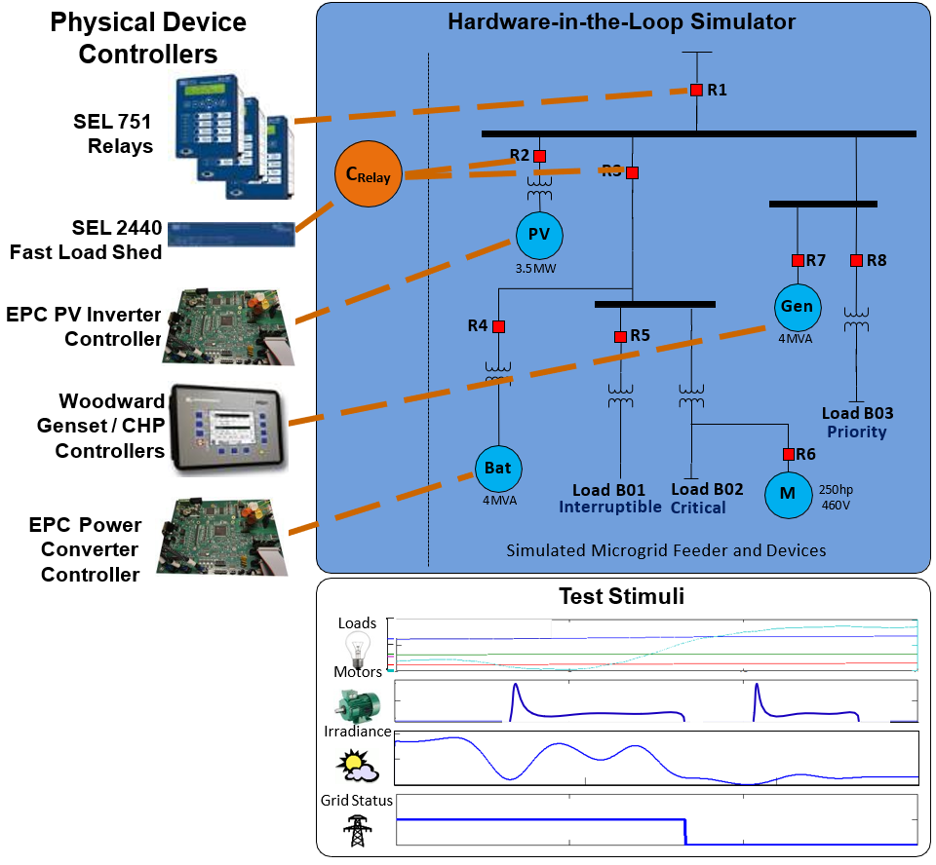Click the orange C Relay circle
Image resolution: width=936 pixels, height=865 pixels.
[x=369, y=175]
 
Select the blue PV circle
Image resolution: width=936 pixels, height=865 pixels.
[x=539, y=235]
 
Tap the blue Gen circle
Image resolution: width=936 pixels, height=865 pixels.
[x=796, y=307]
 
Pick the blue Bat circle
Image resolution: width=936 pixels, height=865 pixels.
[x=497, y=469]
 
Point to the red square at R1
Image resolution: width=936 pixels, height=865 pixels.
[x=696, y=90]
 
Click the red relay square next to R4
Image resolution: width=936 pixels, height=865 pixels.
[x=498, y=326]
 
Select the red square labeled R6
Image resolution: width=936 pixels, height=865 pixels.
[x=788, y=453]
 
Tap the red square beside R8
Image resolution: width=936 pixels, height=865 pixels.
[x=856, y=260]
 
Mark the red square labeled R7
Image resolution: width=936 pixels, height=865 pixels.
[x=798, y=260]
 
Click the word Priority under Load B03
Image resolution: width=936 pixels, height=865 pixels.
[x=856, y=432]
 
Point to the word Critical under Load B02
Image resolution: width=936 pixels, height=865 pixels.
[x=698, y=508]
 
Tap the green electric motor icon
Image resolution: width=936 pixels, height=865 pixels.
[x=358, y=702]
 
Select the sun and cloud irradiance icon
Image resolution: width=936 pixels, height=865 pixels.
[x=357, y=766]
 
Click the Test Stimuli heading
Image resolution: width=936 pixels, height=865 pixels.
[x=621, y=596]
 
